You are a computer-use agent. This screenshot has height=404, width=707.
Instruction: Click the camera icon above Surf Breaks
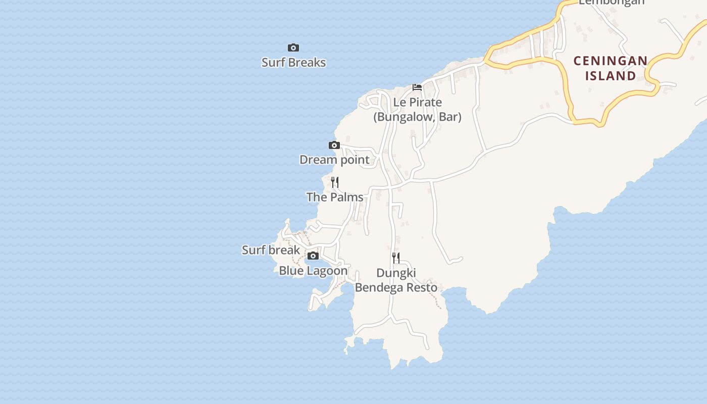coord(293,48)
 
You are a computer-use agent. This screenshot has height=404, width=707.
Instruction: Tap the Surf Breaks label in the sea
coord(293,63)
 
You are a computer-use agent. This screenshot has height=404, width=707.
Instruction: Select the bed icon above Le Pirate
coord(417,87)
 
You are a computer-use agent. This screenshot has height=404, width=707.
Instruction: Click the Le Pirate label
coord(417,103)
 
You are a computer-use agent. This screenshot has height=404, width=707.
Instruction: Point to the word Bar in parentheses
coord(449,117)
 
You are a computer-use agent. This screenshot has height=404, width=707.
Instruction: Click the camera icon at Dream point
coord(334,145)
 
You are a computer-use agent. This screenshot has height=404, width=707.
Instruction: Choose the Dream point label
coord(334,160)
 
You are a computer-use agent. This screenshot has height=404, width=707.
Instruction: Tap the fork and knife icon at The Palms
coord(335,182)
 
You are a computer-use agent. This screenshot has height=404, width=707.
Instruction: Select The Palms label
coord(335,197)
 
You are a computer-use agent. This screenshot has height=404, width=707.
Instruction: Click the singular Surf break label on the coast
coord(271,250)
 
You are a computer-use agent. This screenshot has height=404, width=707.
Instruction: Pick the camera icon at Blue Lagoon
coord(313,256)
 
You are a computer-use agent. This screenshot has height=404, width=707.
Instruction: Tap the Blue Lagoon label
coord(313,271)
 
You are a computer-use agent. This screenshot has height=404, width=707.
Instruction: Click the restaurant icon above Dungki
coord(396,258)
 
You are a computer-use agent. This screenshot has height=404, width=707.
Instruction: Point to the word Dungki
coord(396,273)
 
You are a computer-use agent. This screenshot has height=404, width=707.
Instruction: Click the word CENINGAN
coord(611,61)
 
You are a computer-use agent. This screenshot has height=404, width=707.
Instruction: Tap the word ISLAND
coord(611,76)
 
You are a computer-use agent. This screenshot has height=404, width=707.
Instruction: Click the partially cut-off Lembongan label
coord(612,2)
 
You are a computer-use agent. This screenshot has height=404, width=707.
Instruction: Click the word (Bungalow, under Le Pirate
coord(395,117)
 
